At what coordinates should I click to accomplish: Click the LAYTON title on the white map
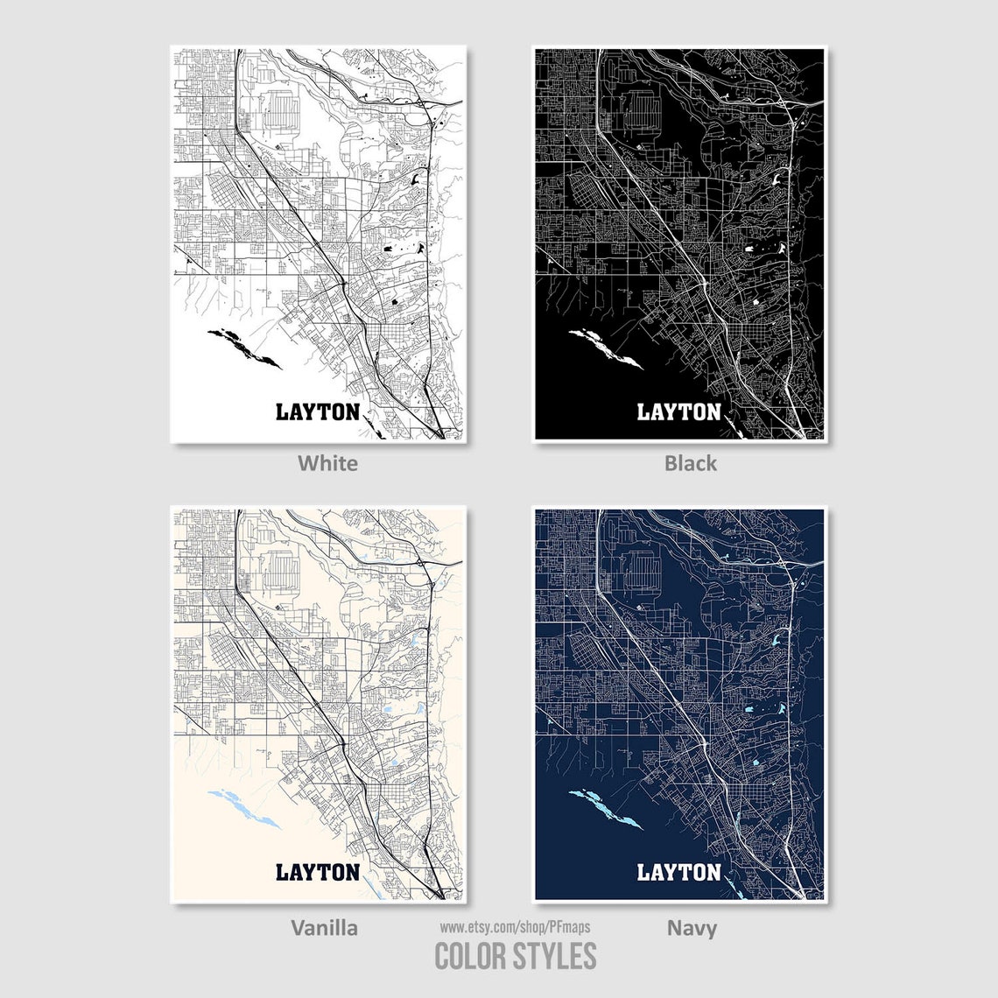point(318,411)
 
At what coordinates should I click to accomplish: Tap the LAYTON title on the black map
point(678,411)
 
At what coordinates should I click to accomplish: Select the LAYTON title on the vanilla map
point(318,872)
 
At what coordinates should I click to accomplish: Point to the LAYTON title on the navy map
point(678,872)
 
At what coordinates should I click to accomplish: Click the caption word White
point(327,462)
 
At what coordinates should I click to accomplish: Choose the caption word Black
point(690,462)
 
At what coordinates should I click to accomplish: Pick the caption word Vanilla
point(324,927)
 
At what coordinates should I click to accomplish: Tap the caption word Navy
point(692,927)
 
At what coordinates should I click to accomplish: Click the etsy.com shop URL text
point(515,926)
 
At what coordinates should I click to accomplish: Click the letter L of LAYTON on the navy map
point(643,872)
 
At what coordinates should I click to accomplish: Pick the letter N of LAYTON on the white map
point(351,411)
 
